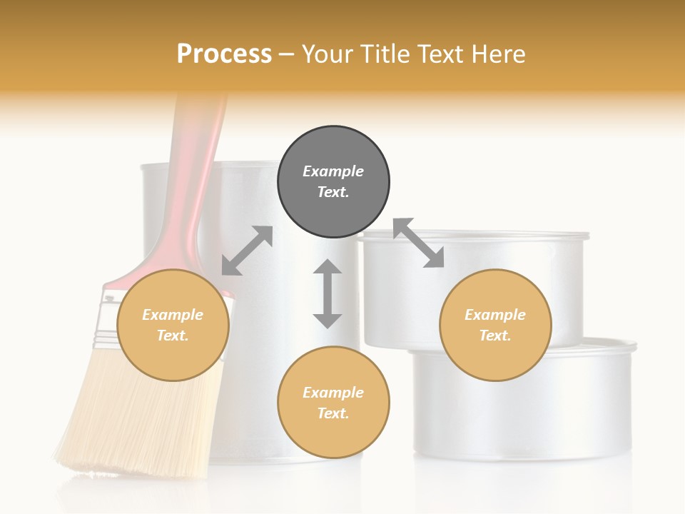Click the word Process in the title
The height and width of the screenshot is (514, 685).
[x=224, y=54]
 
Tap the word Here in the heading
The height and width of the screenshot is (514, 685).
[x=497, y=54]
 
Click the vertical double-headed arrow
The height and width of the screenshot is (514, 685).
[x=328, y=293]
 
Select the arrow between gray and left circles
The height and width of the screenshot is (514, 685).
[x=247, y=251]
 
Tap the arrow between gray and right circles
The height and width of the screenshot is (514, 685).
[x=418, y=243]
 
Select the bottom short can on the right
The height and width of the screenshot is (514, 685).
[x=521, y=414]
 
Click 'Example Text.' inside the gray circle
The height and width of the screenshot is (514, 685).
[x=333, y=181]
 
